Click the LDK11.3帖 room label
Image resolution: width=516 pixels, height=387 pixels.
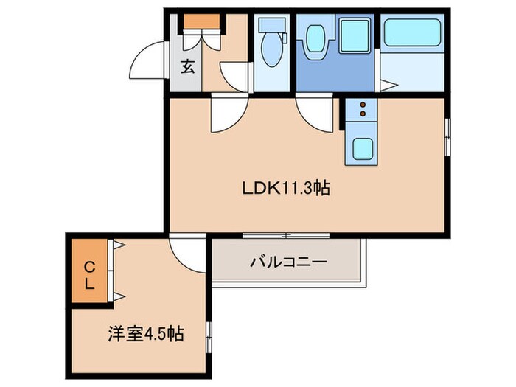pyautogui.click(x=285, y=189)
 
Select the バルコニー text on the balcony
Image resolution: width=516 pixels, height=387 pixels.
pyautogui.click(x=287, y=262)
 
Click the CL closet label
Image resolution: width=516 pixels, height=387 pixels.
pyautogui.click(x=88, y=275)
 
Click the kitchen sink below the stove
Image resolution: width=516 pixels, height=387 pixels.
pyautogui.click(x=360, y=147)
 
